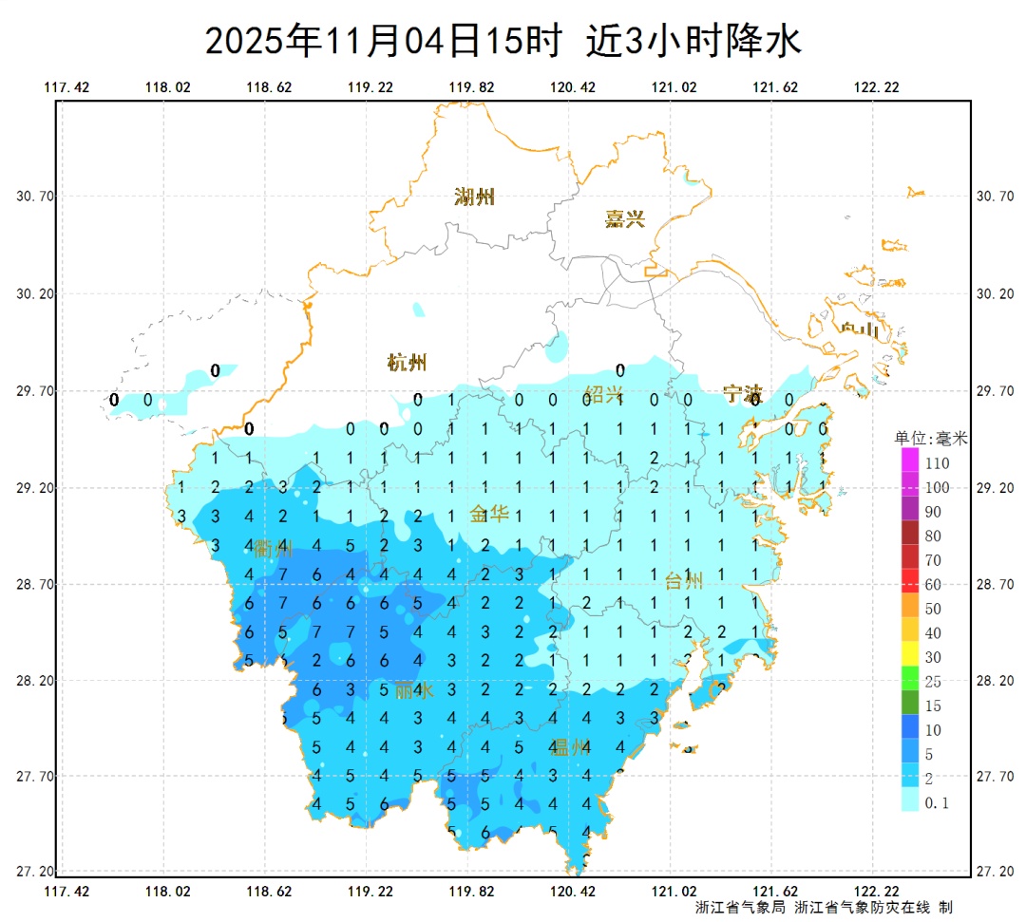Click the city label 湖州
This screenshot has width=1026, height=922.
(474, 198)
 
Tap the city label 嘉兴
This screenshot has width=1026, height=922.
(625, 219)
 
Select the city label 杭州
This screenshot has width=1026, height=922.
(408, 362)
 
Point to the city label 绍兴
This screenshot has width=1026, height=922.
(603, 393)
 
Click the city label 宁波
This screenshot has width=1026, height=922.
(742, 393)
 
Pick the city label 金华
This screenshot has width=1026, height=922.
(490, 515)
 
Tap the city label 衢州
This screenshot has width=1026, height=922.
(273, 548)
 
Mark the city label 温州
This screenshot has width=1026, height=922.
(570, 747)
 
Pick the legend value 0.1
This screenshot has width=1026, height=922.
(937, 803)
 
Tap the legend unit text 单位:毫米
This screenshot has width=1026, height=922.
(930, 438)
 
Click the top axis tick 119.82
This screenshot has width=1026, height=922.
(471, 87)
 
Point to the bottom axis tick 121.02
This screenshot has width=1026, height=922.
(674, 892)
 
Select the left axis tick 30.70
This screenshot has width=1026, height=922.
(36, 197)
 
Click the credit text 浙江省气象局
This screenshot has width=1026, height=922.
(740, 908)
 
